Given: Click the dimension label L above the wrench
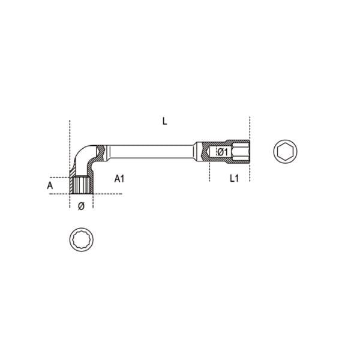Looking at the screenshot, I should (x=164, y=121).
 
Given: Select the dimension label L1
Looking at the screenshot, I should (x=234, y=179).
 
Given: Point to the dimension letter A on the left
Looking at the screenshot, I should (x=50, y=186).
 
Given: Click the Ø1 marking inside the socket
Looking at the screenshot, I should (x=221, y=152).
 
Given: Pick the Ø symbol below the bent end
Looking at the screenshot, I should (x=82, y=206).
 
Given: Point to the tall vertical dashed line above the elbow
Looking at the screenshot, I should (x=70, y=138).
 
